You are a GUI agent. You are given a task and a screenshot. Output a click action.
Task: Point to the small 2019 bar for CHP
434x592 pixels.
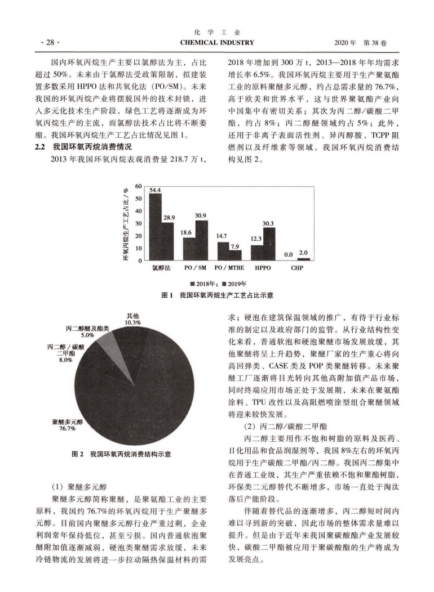[x=303, y=259]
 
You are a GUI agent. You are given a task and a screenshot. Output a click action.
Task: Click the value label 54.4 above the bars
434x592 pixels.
[x=155, y=190]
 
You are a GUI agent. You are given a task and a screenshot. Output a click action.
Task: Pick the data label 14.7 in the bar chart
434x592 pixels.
[x=223, y=235]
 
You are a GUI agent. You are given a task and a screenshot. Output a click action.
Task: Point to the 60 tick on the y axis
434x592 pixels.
[x=139, y=186]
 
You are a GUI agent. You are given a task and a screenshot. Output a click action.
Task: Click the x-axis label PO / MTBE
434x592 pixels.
[x=229, y=268]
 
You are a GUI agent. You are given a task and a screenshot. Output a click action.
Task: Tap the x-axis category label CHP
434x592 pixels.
[x=297, y=268]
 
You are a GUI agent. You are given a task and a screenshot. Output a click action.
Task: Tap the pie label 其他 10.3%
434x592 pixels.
[x=133, y=319]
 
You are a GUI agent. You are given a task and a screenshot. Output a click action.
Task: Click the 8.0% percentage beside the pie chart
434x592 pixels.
[x=65, y=360]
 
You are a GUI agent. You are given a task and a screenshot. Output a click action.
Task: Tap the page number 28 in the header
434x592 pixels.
[x=49, y=43]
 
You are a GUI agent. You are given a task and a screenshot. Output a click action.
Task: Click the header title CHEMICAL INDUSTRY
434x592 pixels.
[x=217, y=43]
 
